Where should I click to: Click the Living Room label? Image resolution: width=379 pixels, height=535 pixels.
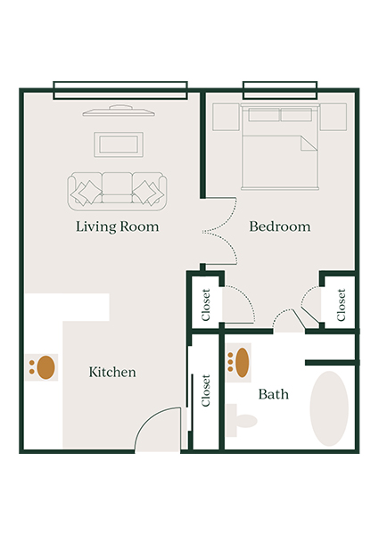pos(118,226)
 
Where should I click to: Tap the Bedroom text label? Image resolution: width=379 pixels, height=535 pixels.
pos(280,226)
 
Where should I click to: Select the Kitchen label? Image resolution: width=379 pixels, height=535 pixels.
pos(112,372)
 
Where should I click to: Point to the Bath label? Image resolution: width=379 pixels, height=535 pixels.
pos(273,393)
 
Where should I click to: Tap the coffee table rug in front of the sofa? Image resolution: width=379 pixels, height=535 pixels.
pos(119,144)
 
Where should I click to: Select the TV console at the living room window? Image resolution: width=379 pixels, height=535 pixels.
pos(119,112)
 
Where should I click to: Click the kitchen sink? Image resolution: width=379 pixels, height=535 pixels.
pos(44,366)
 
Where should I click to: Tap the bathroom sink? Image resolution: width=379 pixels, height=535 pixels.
pos(238,360)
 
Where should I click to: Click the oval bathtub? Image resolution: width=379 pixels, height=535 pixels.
pos(328,407)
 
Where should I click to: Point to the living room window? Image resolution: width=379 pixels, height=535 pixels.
pos(119,89)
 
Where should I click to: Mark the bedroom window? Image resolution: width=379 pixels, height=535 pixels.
pos(280,89)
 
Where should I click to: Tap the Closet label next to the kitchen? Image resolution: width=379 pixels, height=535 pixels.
pos(206,390)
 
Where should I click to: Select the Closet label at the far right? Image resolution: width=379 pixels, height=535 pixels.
pos(341,305)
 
